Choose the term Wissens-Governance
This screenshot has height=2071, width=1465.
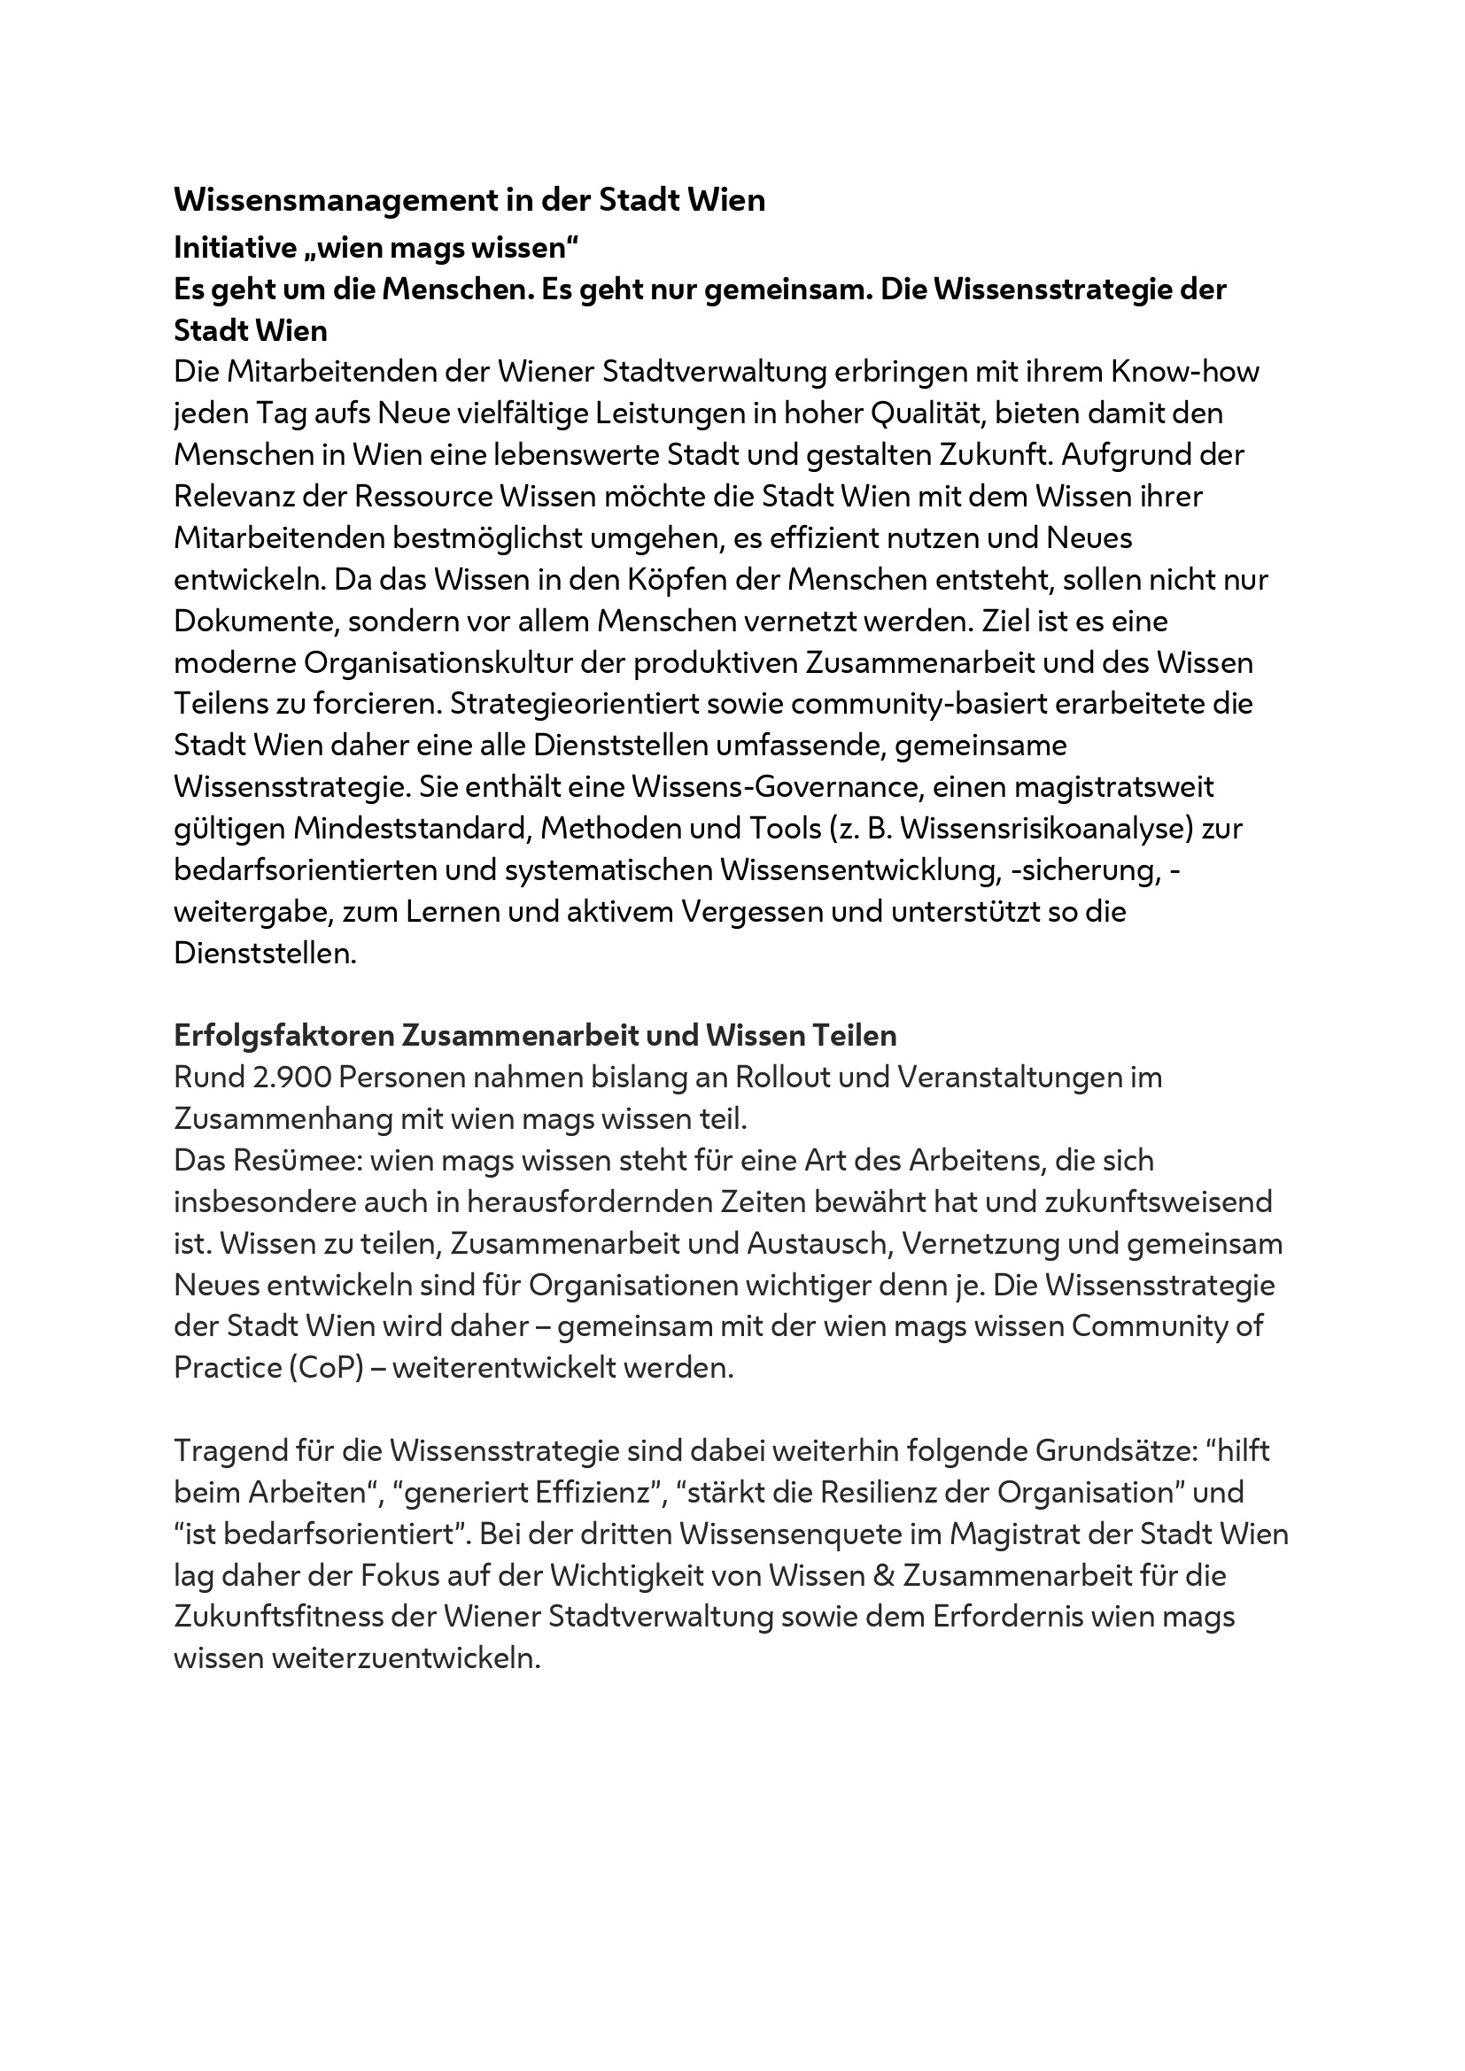(777, 786)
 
